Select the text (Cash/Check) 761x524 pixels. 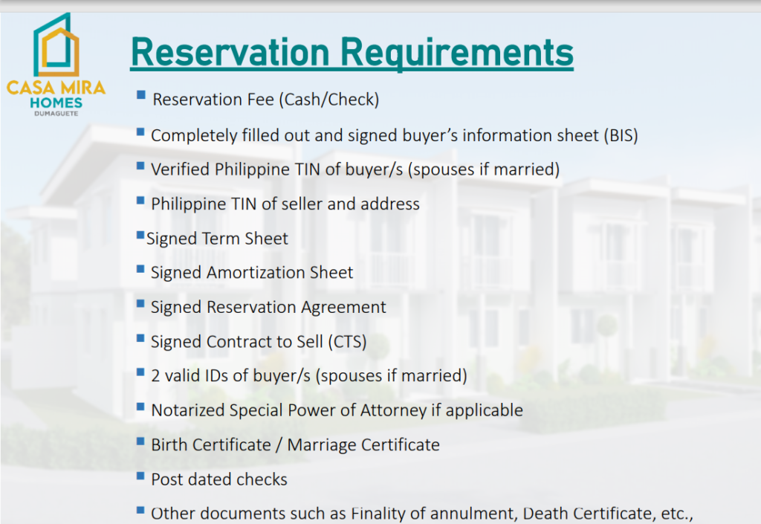click(x=329, y=100)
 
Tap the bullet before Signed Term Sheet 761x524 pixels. click(x=140, y=236)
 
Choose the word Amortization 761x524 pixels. click(x=252, y=273)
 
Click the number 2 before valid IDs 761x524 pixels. click(x=155, y=376)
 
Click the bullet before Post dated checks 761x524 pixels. click(x=140, y=476)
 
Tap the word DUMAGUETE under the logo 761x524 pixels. click(x=56, y=114)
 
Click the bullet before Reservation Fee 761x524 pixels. click(x=141, y=95)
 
